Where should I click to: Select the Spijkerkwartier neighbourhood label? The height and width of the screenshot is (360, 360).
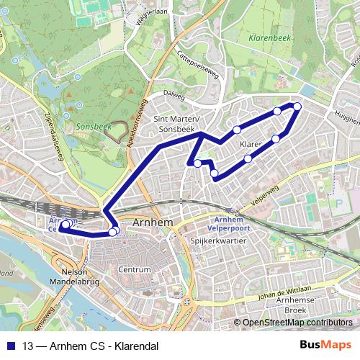point(215,243)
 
